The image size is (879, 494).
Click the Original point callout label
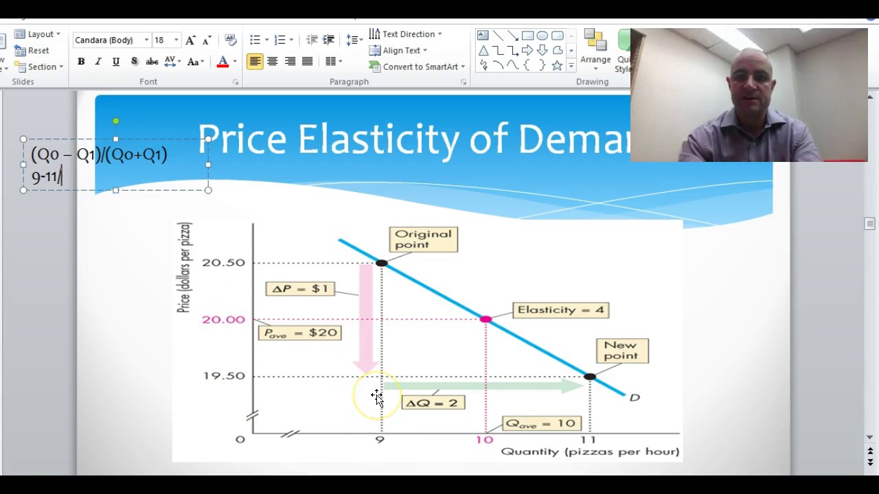[423, 239]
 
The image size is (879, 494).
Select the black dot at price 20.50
[382, 263]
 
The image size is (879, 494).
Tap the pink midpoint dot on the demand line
[486, 319]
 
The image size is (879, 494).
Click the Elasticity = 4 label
[560, 310]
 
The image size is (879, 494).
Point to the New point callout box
[621, 351]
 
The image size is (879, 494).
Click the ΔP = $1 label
[300, 289]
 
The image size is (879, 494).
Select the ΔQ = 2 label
[432, 403]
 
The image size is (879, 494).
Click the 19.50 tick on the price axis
[223, 376]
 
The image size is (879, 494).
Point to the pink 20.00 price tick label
[223, 320]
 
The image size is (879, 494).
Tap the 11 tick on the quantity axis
[588, 440]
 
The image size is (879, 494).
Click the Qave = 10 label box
[541, 423]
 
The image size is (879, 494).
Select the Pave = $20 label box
[299, 333]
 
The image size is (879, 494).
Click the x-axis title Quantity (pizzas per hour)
[590, 451]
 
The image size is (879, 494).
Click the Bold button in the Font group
[81, 62]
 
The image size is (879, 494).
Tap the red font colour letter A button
[222, 62]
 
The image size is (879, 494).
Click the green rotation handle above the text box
[116, 121]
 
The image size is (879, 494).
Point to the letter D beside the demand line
[635, 397]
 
